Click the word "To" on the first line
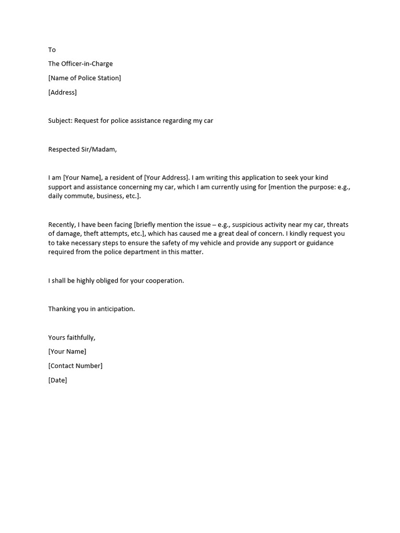tap(52, 50)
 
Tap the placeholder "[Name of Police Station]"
tap(84, 78)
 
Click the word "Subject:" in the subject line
tap(60, 121)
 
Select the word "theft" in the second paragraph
tap(93, 234)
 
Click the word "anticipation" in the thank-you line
tap(114, 309)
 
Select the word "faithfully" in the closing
tap(80, 338)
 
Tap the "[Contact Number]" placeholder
tap(76, 366)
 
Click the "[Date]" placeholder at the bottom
tap(57, 380)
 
